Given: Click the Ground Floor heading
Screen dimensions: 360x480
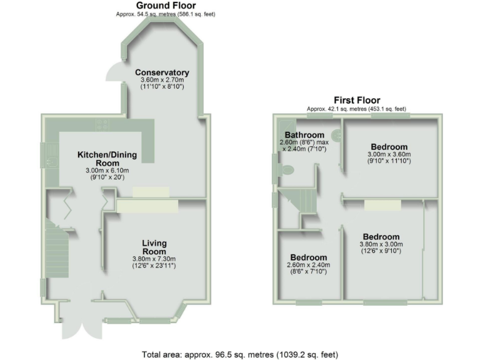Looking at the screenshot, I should pyautogui.click(x=166, y=6).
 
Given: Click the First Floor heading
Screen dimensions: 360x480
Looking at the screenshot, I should pyautogui.click(x=357, y=100).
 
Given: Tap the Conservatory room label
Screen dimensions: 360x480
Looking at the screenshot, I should pyautogui.click(x=162, y=72).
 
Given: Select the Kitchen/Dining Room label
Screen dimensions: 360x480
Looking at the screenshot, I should pyautogui.click(x=107, y=159).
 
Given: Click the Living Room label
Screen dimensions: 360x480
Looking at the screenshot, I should pyautogui.click(x=154, y=247).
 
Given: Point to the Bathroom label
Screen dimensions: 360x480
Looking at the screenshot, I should pyautogui.click(x=304, y=135).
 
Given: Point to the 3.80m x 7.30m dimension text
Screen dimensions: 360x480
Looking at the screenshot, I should pyautogui.click(x=154, y=259).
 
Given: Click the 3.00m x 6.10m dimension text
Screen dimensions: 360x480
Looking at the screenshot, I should pyautogui.click(x=107, y=171).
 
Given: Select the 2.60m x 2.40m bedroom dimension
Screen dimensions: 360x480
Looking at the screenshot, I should pyautogui.click(x=309, y=265).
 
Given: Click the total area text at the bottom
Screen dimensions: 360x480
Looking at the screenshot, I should pyautogui.click(x=240, y=354).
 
